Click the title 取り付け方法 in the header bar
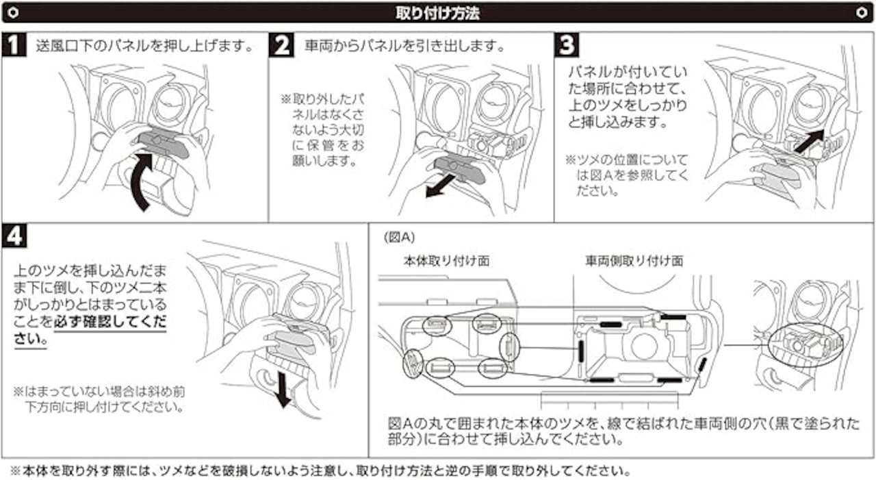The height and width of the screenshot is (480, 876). [438, 12]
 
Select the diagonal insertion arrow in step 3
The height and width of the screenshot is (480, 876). [808, 142]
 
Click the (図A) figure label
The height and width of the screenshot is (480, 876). [398, 238]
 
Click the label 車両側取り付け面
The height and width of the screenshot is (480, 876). [634, 261]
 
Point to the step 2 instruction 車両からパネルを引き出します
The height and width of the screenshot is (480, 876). [405, 47]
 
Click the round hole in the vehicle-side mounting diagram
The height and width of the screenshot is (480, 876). [644, 346]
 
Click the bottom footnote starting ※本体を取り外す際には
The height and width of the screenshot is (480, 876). [320, 471]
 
